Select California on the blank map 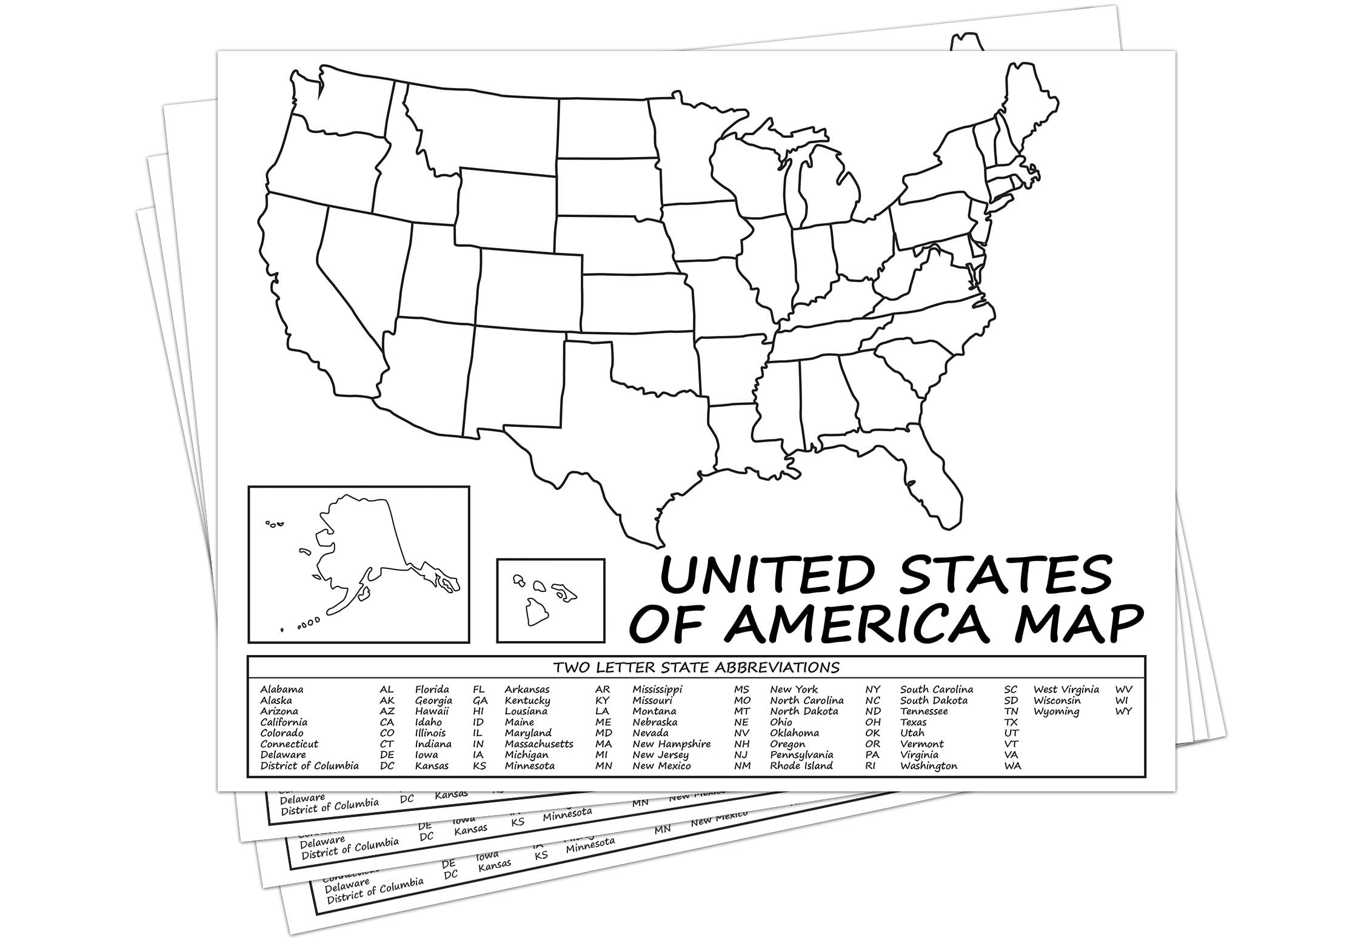click(303, 291)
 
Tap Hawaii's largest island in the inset click(537, 611)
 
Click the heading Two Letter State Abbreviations click(696, 668)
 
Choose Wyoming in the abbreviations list click(1056, 711)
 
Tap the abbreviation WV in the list click(1123, 690)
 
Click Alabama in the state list click(282, 690)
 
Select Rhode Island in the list click(801, 766)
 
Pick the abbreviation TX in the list click(1011, 722)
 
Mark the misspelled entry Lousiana click(526, 711)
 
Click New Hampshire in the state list click(672, 744)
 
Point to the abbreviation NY click(872, 690)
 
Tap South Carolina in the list click(937, 690)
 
